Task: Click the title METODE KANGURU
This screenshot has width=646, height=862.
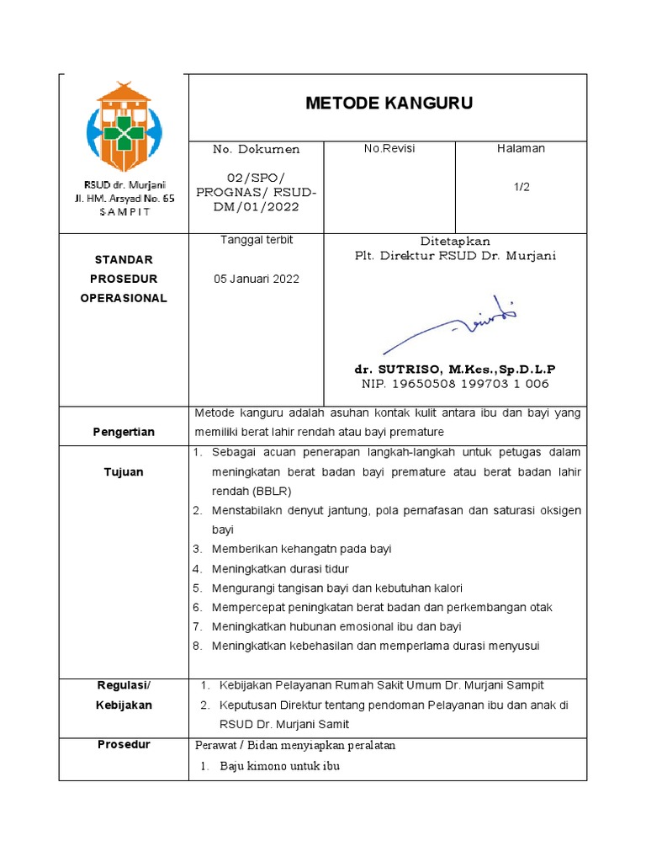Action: [x=388, y=104]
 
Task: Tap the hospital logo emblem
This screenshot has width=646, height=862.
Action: [x=124, y=127]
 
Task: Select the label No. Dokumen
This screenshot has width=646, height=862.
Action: [x=257, y=149]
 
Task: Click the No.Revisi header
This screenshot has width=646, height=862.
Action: [x=389, y=149]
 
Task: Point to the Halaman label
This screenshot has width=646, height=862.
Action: [x=522, y=149]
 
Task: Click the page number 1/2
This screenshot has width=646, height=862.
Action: [x=522, y=187]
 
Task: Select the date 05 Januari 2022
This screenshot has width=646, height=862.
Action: [x=257, y=279]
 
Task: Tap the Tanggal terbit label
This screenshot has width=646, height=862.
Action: [x=257, y=240]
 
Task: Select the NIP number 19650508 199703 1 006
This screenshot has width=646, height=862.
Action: [x=455, y=384]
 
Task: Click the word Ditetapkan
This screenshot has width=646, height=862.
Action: [x=455, y=241]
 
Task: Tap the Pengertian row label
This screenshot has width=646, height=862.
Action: [x=124, y=432]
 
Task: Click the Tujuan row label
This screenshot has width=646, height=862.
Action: [x=124, y=471]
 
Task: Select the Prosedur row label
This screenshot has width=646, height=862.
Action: [x=124, y=744]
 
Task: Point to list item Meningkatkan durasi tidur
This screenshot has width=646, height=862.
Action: [x=280, y=568]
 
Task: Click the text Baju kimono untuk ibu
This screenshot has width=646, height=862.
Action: [x=279, y=766]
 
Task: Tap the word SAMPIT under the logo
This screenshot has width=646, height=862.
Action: [x=124, y=211]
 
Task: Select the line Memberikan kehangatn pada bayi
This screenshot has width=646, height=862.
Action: [x=301, y=549]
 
